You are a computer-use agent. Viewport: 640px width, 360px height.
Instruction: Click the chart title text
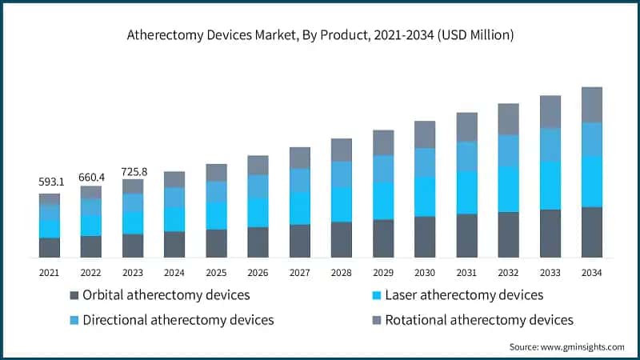coord(320,35)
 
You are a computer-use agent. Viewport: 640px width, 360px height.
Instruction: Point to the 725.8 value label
coord(133,171)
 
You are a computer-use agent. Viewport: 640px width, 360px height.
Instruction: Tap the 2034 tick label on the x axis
coord(591,273)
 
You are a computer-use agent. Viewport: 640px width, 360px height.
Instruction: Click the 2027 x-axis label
coord(299,273)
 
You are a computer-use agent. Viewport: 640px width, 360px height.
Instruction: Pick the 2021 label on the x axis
coord(50,273)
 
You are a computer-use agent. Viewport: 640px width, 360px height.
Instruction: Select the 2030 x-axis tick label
coord(425,273)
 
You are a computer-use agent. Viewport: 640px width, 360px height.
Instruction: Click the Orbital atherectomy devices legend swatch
coord(74,295)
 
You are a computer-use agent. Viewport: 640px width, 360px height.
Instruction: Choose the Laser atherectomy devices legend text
coord(464,295)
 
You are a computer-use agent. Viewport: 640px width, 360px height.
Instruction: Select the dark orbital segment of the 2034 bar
coord(591,232)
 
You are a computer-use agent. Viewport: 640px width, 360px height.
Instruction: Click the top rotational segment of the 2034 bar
coord(591,104)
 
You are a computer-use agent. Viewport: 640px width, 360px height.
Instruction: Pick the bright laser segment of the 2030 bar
coord(425,196)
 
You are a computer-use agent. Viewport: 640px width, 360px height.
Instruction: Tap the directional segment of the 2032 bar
coord(508,150)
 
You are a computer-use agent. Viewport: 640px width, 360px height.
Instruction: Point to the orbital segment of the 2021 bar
coord(50,247)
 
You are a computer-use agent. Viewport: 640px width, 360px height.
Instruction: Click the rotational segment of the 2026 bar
coord(258,165)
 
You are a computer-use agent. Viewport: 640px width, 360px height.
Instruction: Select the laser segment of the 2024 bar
coord(174,219)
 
